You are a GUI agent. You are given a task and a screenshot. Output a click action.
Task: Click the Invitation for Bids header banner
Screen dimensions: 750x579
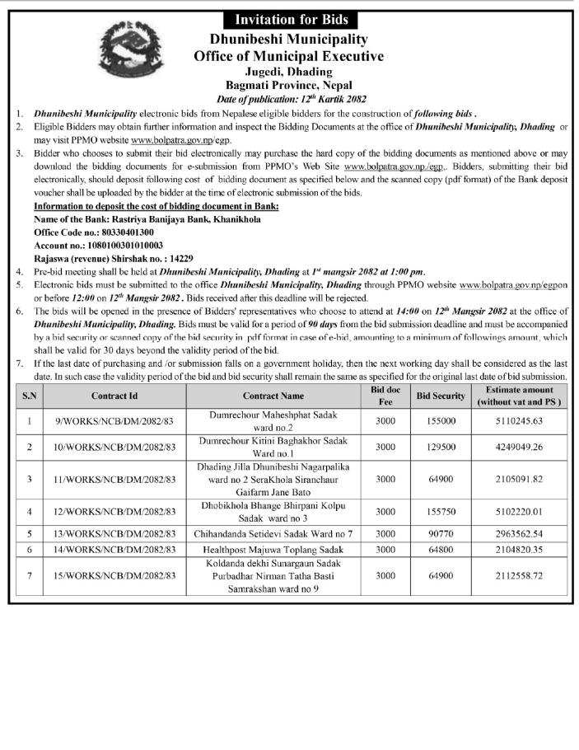coord(292,19)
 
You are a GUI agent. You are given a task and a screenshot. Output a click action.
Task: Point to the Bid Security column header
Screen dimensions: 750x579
coord(441,396)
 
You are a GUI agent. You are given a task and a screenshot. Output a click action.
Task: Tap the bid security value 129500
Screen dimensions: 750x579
coord(441,448)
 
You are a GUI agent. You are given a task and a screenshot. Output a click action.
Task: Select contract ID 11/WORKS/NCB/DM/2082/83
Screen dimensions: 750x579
coord(114,479)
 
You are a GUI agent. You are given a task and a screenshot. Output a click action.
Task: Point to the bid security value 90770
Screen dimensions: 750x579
coord(441,534)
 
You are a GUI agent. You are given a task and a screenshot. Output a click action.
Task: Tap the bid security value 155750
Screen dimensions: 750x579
coord(441,511)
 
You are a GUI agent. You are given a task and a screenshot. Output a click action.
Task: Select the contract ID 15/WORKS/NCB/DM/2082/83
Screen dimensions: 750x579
coord(114,575)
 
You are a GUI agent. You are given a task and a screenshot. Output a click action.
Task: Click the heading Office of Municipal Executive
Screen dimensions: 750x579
coord(288,56)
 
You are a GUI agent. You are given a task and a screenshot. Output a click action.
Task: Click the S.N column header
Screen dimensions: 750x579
coord(30,396)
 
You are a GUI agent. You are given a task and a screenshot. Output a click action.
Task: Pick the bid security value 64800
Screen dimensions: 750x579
coord(441,549)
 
